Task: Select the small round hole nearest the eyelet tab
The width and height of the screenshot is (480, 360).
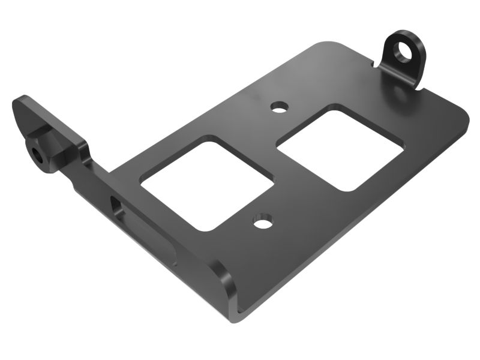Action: click(x=278, y=108)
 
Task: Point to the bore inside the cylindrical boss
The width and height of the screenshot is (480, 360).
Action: click(x=38, y=155)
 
